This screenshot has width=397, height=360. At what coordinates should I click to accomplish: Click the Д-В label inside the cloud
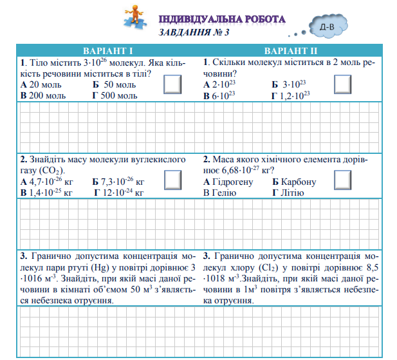coord(326,27)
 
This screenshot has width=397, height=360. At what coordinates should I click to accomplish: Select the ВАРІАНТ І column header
coord(108,51)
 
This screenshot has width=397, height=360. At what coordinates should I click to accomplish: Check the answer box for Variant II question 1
coord(343,84)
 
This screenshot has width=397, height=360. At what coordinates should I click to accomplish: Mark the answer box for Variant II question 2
coord(343,180)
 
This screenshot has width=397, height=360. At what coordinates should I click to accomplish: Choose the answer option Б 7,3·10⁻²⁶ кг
coord(118,182)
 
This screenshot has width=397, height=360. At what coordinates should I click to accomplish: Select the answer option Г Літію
coord(288,192)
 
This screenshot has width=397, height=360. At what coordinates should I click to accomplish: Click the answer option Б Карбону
coord(294,182)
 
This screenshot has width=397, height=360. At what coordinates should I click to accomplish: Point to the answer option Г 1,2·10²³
coord(291,95)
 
